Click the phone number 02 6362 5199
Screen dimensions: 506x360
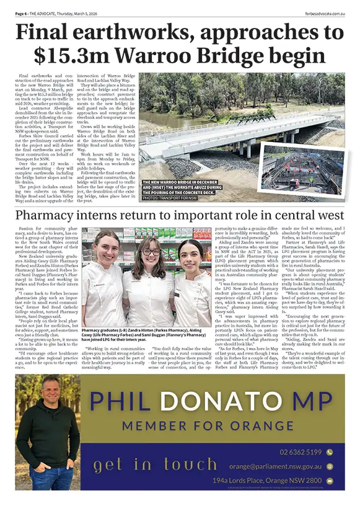coord(301,452)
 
